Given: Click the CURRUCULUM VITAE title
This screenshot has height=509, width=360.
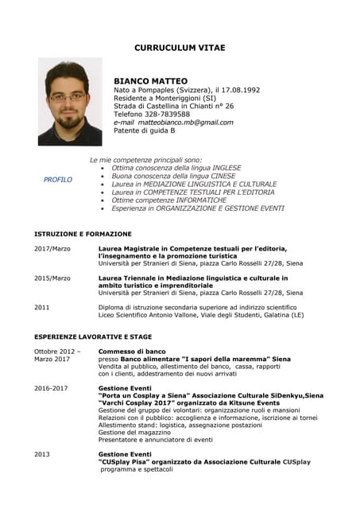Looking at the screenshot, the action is point(180,48).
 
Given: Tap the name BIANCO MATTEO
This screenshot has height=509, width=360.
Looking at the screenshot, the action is point(150,81).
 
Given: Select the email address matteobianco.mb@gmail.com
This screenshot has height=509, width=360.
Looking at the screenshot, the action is point(185,122).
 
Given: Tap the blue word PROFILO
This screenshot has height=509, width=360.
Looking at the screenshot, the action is point(58,180).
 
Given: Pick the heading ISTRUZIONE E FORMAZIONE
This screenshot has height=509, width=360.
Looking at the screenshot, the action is point(83,235).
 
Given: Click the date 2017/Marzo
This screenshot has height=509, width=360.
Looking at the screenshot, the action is point(52,249).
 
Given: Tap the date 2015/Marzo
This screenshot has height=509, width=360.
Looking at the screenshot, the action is point(52,278).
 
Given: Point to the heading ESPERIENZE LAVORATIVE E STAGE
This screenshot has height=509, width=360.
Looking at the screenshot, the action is point(92,337).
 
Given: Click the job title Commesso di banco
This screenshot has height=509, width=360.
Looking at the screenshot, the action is point(132,351).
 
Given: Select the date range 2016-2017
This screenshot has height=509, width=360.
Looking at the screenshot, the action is point(51,388).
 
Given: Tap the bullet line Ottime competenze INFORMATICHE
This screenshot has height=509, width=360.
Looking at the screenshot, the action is point(169,200).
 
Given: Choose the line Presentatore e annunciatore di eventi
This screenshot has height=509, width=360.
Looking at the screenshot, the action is point(155,439).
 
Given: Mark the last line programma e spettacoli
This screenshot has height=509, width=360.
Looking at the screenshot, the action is point(136,469).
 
